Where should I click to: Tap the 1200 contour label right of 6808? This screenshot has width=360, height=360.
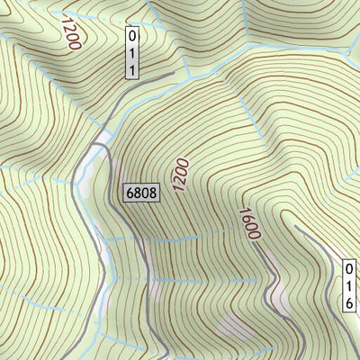coord(181,175)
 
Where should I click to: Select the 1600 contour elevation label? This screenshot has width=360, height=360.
coord(248,225)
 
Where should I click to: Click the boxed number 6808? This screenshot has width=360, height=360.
coord(141,192)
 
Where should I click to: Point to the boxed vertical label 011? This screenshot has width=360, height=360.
coord(133,51)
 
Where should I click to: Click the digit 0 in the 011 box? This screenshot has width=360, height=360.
coord(133,37)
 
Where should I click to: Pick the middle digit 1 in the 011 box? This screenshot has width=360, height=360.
coord(133,51)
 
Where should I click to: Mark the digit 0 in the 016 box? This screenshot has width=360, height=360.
coord(348,269)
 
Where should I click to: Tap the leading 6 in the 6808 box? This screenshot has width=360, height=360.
coord(130,192)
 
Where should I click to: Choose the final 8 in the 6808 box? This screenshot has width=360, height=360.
coord(152,192)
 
